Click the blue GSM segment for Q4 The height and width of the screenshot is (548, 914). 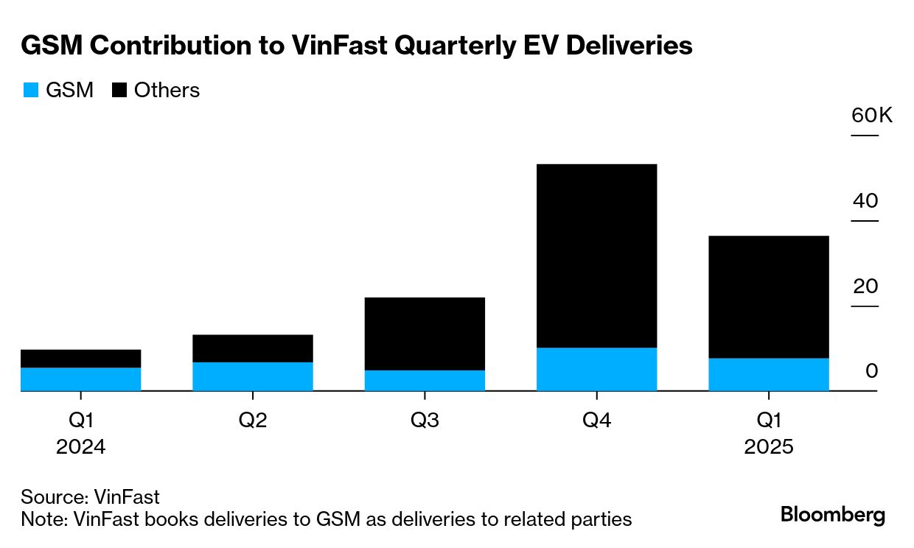click(596, 369)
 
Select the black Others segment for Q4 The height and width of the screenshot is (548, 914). click(596, 256)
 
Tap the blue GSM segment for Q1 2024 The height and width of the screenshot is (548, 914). click(81, 379)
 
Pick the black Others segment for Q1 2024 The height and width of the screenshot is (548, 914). click(81, 359)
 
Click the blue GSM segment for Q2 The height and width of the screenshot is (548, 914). click(253, 376)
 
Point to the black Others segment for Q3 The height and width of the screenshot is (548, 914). click(425, 334)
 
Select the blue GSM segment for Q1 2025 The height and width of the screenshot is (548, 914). click(768, 374)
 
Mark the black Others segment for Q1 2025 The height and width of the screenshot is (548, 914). click(768, 297)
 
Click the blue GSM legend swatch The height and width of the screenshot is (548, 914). click(30, 91)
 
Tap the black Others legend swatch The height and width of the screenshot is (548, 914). click(119, 91)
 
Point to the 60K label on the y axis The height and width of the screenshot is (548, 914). click(871, 116)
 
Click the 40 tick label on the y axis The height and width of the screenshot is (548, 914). click(865, 201)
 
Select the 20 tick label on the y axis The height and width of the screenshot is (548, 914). click(865, 286)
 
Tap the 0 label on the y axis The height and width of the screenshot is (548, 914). click(872, 370)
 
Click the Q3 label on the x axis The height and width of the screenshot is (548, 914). click(425, 421)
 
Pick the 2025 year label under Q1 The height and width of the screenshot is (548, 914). click(769, 447)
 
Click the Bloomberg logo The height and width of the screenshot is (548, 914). click(833, 514)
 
